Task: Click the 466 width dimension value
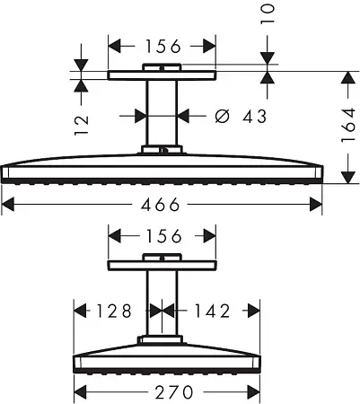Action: (163, 206)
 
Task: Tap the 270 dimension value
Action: (162, 391)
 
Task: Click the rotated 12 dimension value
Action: (80, 121)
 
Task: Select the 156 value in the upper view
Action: (162, 45)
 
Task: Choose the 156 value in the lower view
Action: (162, 237)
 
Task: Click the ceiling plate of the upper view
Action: (162, 75)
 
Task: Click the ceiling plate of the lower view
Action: (162, 267)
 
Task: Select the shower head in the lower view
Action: (162, 356)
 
